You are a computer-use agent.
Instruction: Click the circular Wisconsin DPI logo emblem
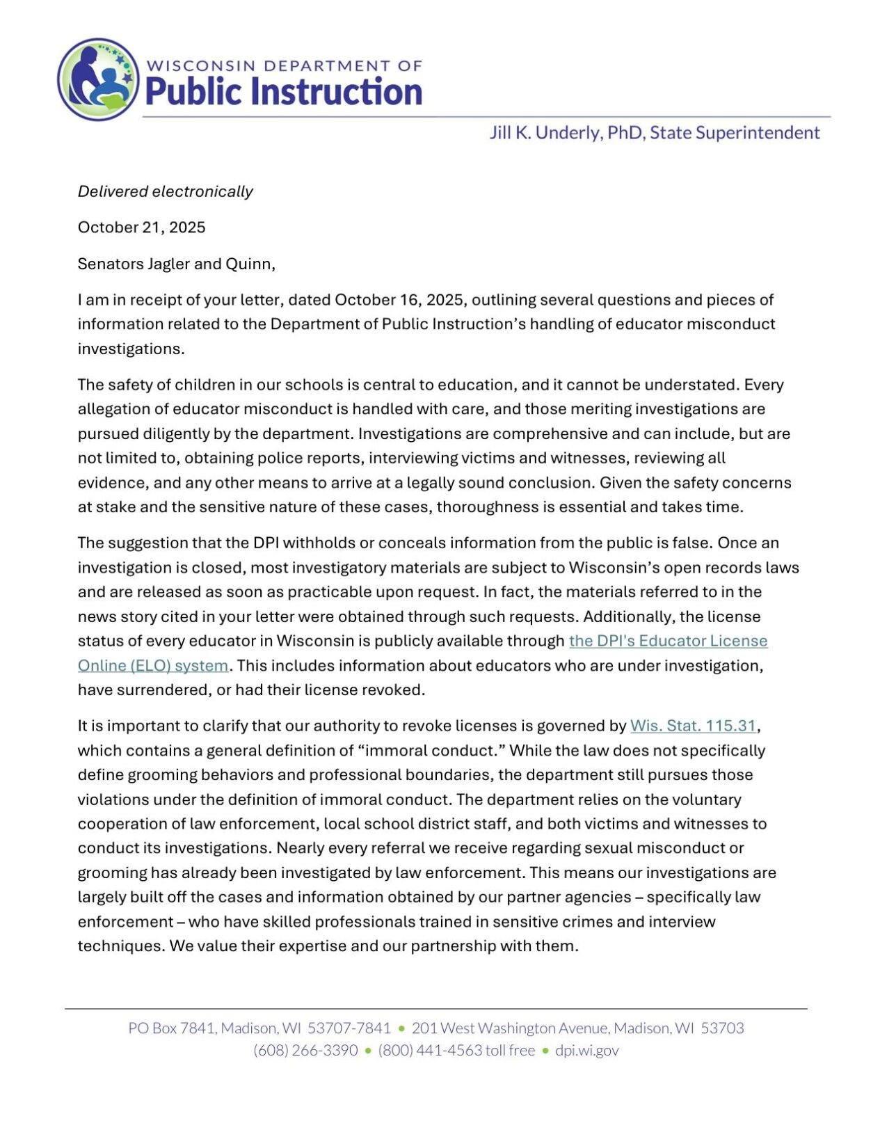(98, 79)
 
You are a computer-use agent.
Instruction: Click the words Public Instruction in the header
(284, 91)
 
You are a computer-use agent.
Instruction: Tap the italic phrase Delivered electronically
(165, 191)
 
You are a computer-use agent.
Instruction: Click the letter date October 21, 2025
(141, 228)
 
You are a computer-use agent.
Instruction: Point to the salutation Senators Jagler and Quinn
(176, 264)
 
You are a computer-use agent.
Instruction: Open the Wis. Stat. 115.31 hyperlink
(692, 726)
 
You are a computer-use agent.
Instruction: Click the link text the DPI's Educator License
(668, 641)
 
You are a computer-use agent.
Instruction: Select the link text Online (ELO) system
(152, 665)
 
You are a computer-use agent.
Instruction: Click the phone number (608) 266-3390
(305, 1050)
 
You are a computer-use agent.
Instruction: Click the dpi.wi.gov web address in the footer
(586, 1050)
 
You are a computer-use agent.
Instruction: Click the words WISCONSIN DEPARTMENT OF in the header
(284, 66)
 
